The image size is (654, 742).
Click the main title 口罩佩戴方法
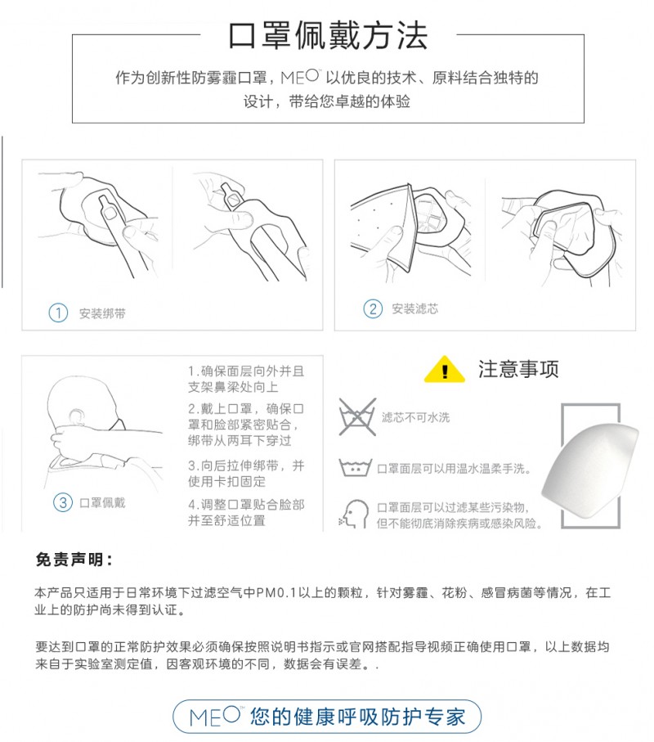(x=328, y=35)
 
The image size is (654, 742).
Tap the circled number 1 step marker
(x=58, y=313)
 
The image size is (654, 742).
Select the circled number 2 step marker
(x=373, y=309)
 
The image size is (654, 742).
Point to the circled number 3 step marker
(x=63, y=502)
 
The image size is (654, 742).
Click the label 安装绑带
(x=102, y=313)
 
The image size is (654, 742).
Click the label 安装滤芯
(x=414, y=309)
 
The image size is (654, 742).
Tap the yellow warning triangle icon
(x=445, y=369)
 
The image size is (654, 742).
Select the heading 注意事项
(x=518, y=369)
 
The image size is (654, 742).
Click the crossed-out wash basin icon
(x=357, y=417)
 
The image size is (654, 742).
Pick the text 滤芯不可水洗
(x=415, y=417)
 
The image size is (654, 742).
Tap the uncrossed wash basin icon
(x=356, y=468)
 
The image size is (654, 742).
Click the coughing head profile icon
(x=354, y=514)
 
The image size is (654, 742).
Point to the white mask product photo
(x=590, y=465)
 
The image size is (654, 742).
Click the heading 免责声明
(x=74, y=560)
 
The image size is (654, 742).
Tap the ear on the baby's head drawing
(x=75, y=416)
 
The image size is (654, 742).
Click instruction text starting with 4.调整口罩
(x=246, y=512)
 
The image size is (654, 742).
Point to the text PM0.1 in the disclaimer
(x=276, y=592)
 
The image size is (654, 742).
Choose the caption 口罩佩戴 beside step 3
(x=102, y=502)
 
